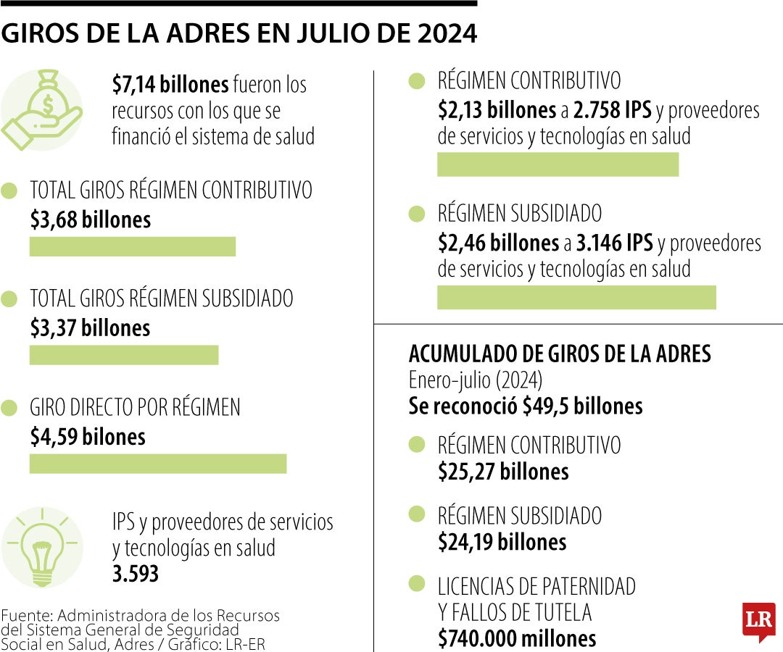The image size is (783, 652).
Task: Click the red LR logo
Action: (758, 622)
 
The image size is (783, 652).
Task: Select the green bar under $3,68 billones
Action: (133, 246)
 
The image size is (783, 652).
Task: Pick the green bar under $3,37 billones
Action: (124, 355)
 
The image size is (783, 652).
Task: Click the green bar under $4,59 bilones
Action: (158, 464)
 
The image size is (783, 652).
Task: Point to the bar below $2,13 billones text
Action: (558, 164)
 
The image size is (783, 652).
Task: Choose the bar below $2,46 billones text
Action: (576, 298)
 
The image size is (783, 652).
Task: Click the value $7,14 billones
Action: (170, 85)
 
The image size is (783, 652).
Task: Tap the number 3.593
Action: (136, 574)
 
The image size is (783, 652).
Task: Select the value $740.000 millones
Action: (517, 638)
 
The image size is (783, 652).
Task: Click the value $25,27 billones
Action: (503, 472)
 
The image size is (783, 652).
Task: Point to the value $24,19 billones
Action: (502, 542)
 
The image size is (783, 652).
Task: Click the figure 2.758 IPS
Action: (612, 110)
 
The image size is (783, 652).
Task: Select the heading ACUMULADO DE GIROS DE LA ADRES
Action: (560, 354)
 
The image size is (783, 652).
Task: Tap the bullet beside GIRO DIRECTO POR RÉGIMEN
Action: (9, 408)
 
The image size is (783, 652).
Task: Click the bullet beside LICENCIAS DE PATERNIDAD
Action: (417, 584)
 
